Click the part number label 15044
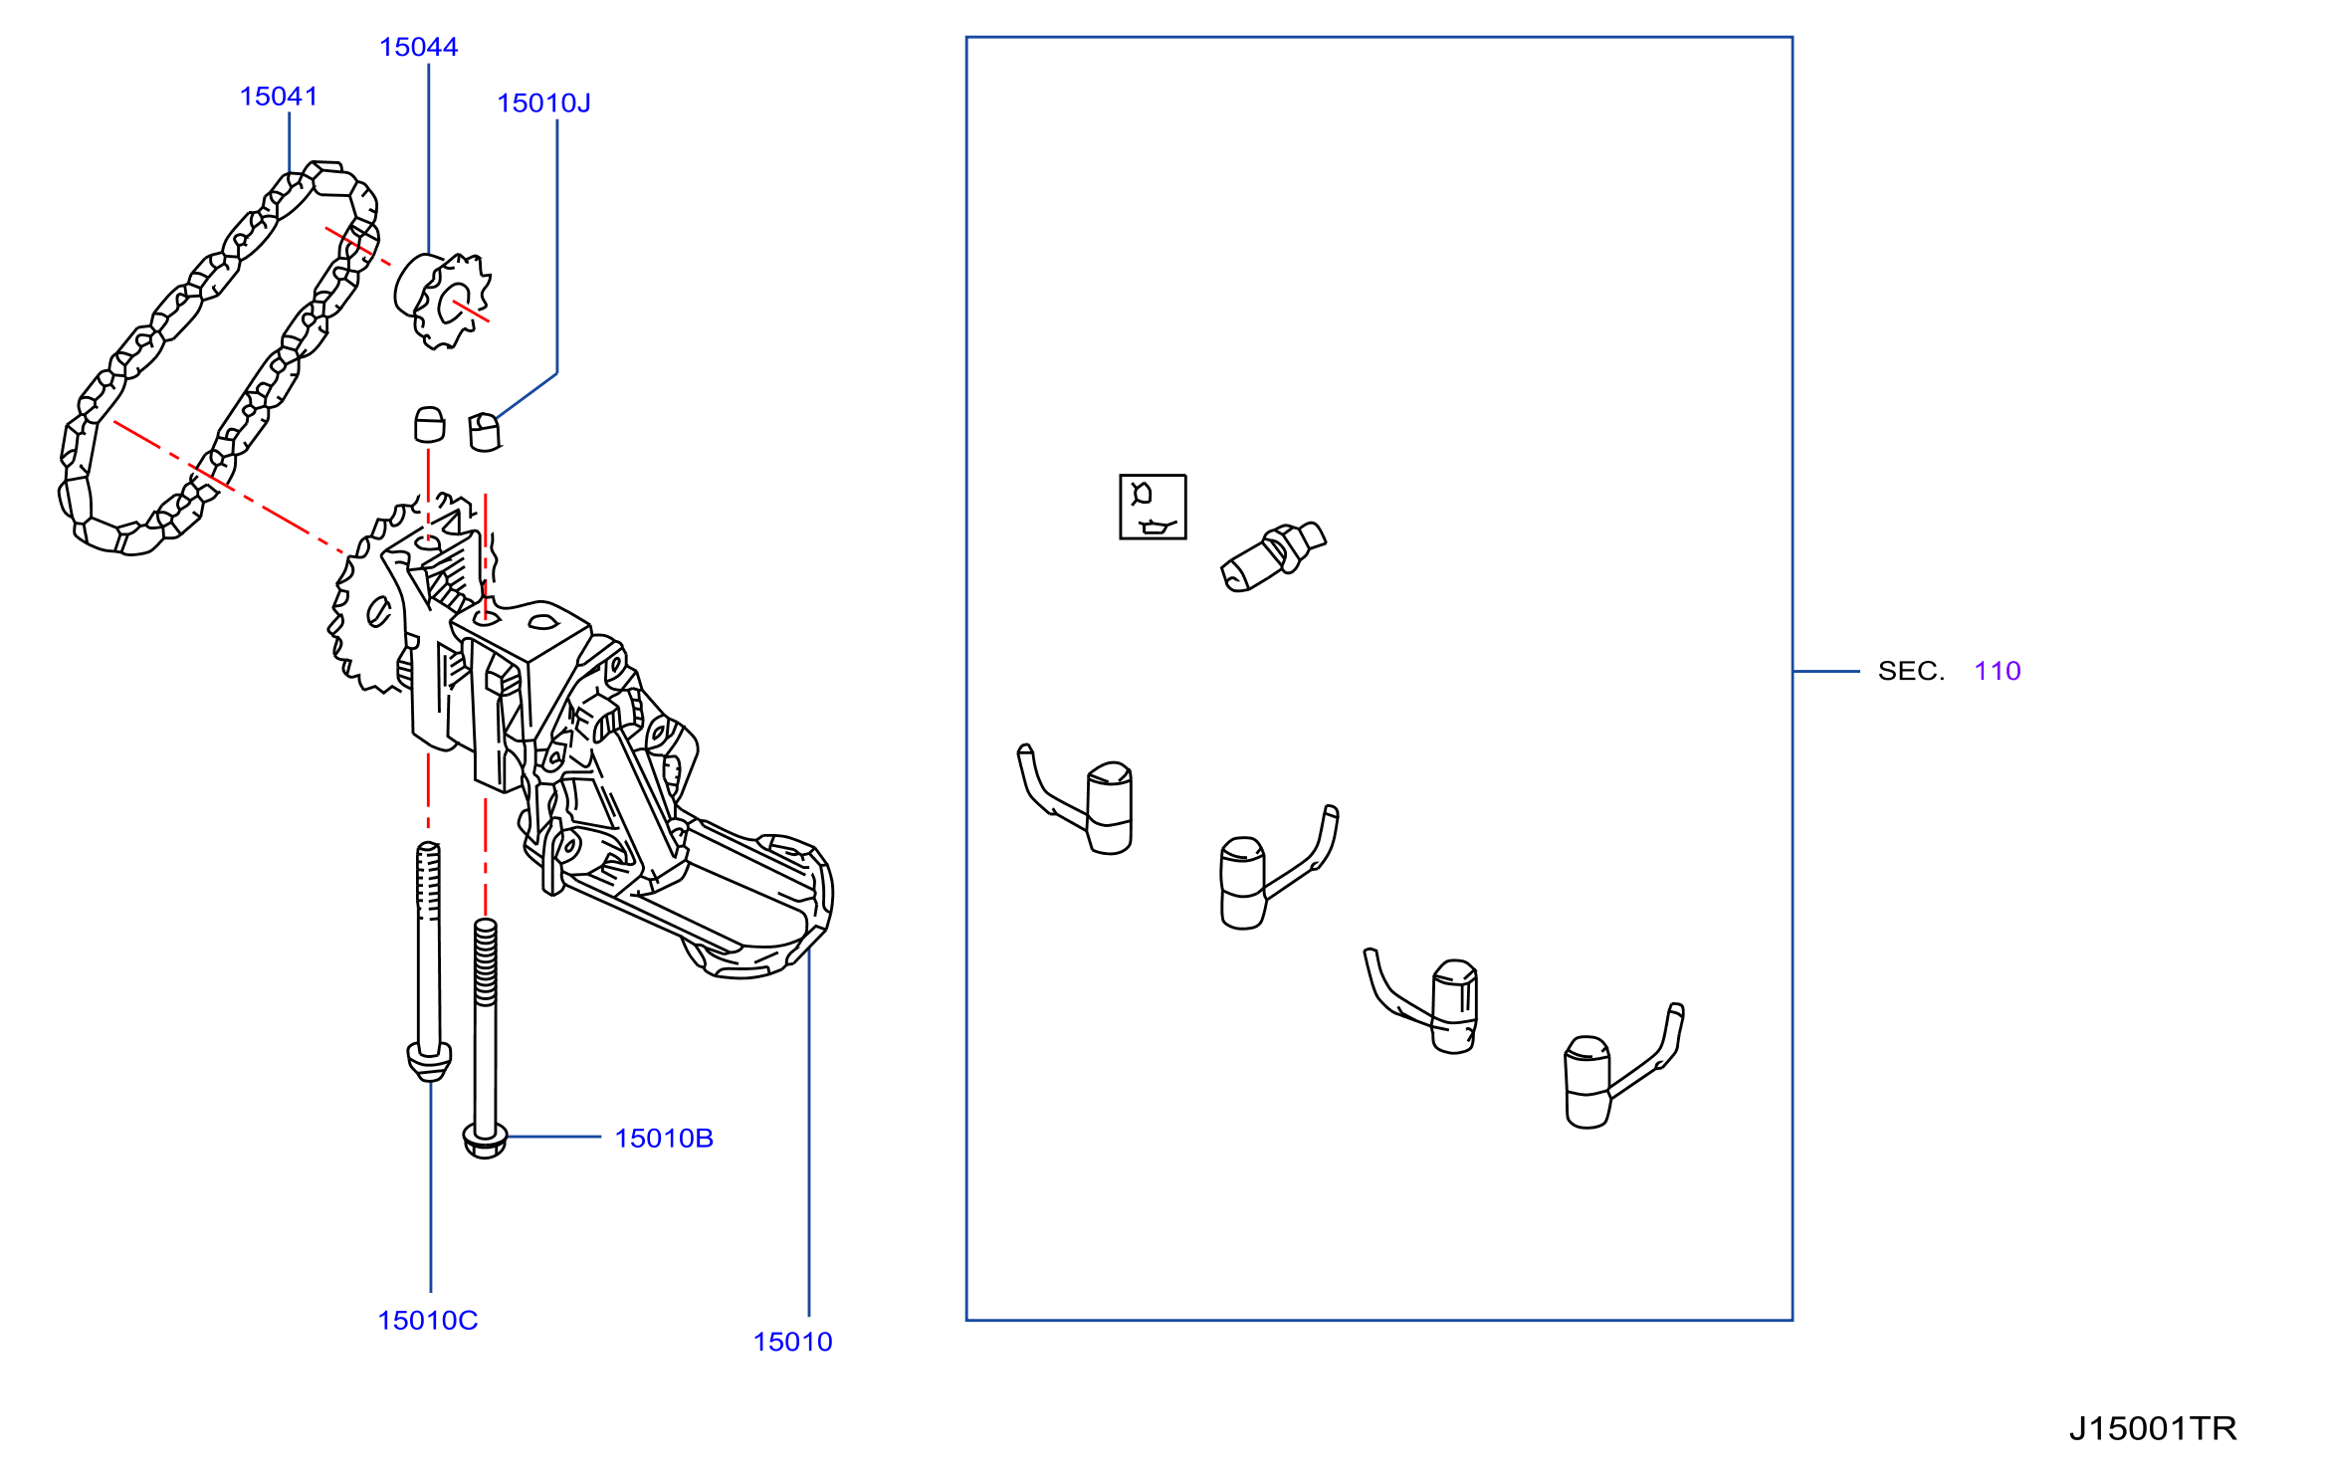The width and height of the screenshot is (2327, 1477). pyautogui.click(x=418, y=47)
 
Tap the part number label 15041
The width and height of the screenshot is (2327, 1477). pyautogui.click(x=279, y=97)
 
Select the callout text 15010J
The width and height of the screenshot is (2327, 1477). pyautogui.click(x=543, y=104)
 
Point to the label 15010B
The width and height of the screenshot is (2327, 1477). pyautogui.click(x=664, y=1139)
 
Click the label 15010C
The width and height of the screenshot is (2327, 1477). pyautogui.click(x=428, y=1321)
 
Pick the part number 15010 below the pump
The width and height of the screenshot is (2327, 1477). pyautogui.click(x=792, y=1342)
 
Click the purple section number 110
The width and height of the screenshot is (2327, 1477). pyautogui.click(x=1998, y=671)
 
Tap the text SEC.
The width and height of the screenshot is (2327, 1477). pyautogui.click(x=1911, y=671)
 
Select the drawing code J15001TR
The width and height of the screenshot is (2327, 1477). pyautogui.click(x=2153, y=1429)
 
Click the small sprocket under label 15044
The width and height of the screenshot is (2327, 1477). pyautogui.click(x=443, y=301)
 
